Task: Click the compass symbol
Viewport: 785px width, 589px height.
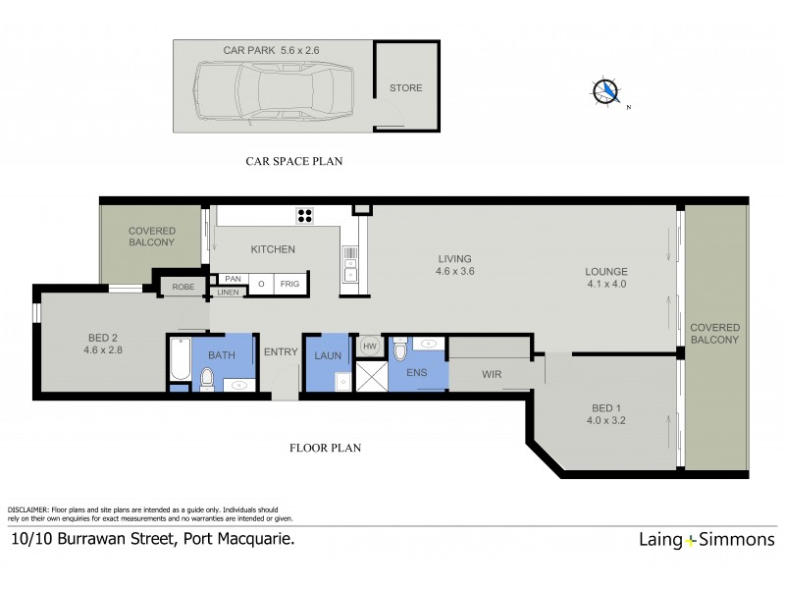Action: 607,91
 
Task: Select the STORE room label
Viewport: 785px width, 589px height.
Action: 405,88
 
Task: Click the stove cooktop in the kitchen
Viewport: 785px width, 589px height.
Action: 305,217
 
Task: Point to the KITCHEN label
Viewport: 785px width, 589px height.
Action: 273,249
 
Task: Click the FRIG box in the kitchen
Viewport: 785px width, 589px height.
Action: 290,284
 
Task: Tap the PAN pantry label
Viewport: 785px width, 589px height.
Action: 233,279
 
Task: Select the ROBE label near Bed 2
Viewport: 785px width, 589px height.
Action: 183,288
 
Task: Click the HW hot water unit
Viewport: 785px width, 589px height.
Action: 370,347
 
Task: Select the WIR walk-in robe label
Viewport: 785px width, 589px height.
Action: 493,374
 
